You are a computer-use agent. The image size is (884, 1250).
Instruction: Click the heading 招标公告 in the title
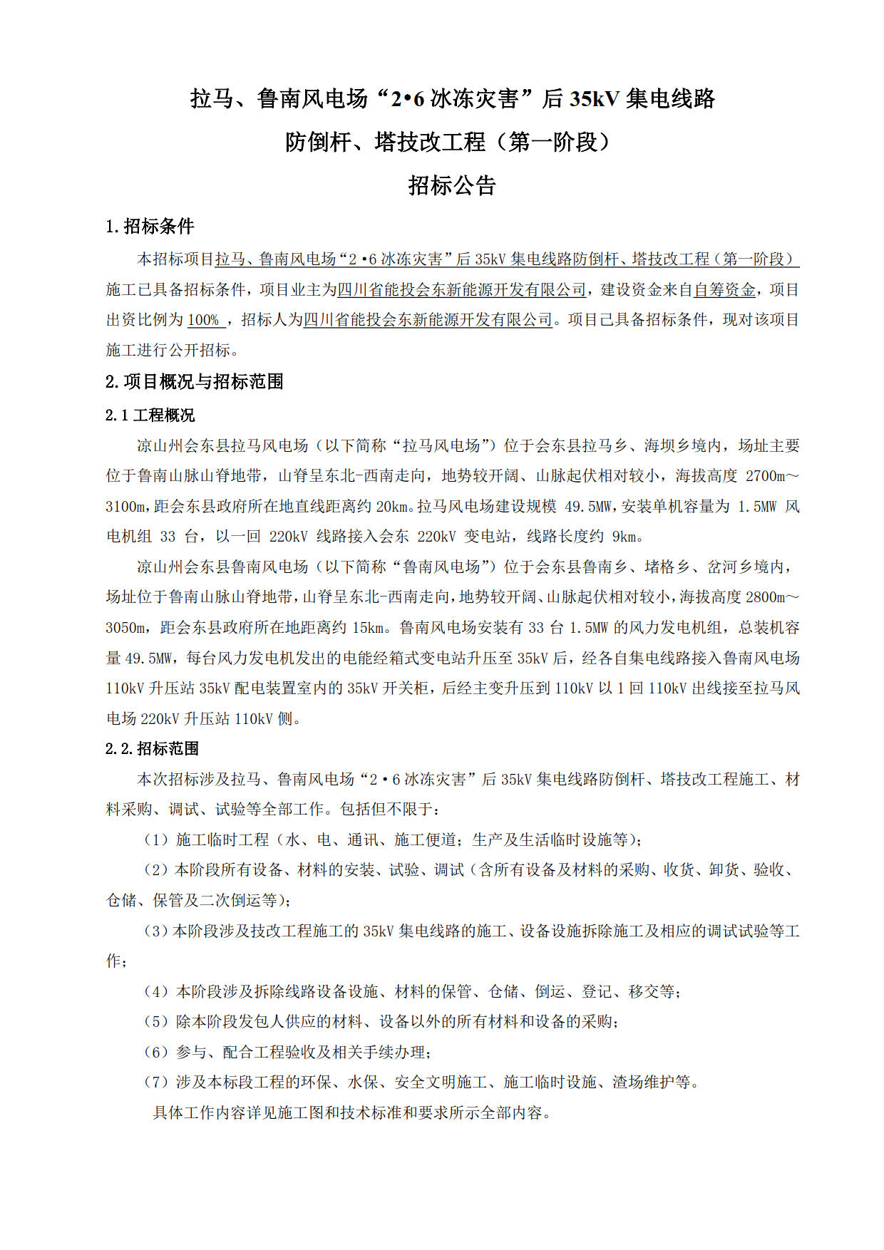click(452, 186)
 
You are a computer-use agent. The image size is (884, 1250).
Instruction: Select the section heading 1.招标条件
click(150, 227)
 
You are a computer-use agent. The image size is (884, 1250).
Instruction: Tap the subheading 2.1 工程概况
click(150, 415)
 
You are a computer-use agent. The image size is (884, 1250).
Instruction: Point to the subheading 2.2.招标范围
click(152, 748)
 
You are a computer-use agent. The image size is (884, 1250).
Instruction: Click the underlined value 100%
click(204, 320)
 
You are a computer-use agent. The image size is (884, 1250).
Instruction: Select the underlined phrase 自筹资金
click(725, 290)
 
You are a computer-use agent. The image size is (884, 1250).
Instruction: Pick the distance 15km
click(369, 628)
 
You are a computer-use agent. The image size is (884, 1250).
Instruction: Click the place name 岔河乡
click(731, 567)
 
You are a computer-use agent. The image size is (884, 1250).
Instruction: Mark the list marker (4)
click(156, 991)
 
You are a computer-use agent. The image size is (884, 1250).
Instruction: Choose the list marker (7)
click(156, 1082)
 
